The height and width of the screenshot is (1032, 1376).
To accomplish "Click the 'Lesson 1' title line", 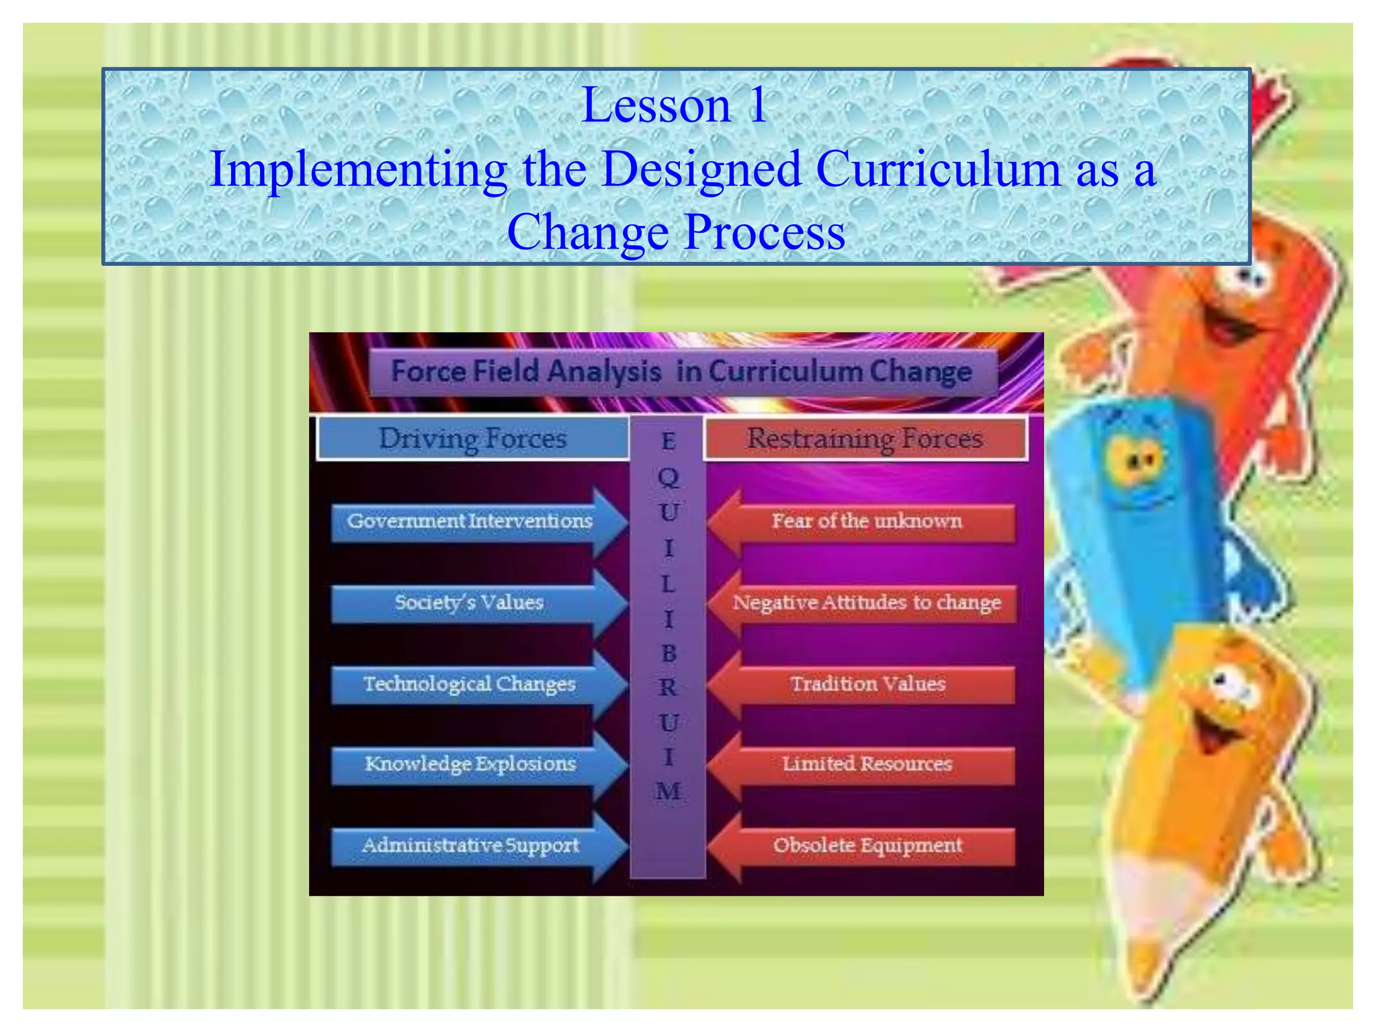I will click(x=674, y=105).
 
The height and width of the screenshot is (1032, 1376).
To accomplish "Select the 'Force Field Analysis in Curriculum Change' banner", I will click(x=681, y=372).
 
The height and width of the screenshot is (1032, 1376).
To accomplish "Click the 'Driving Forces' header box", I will click(x=473, y=439).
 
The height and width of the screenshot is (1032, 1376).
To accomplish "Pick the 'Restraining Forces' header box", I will click(x=865, y=439).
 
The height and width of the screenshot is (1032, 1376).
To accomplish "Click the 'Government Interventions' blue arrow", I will click(x=470, y=522).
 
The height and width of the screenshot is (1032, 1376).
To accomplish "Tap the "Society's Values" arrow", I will click(x=470, y=603).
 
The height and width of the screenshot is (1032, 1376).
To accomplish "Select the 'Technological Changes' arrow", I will click(x=470, y=684).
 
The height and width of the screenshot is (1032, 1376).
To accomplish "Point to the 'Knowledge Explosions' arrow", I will click(x=470, y=765).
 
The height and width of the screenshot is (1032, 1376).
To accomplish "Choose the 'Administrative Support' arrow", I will click(x=470, y=845).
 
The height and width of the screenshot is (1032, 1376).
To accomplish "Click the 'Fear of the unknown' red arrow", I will click(x=866, y=522).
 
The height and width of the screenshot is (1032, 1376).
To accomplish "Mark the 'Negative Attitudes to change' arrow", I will click(x=866, y=603).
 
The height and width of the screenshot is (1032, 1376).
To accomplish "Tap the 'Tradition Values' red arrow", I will click(x=866, y=684).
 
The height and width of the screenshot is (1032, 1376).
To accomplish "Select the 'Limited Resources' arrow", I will click(x=866, y=765).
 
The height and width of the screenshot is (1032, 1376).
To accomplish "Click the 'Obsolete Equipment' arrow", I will click(x=866, y=845).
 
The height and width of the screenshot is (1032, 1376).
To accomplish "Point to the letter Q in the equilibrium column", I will click(x=669, y=478).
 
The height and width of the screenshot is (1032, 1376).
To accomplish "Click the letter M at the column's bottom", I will click(x=668, y=791).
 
